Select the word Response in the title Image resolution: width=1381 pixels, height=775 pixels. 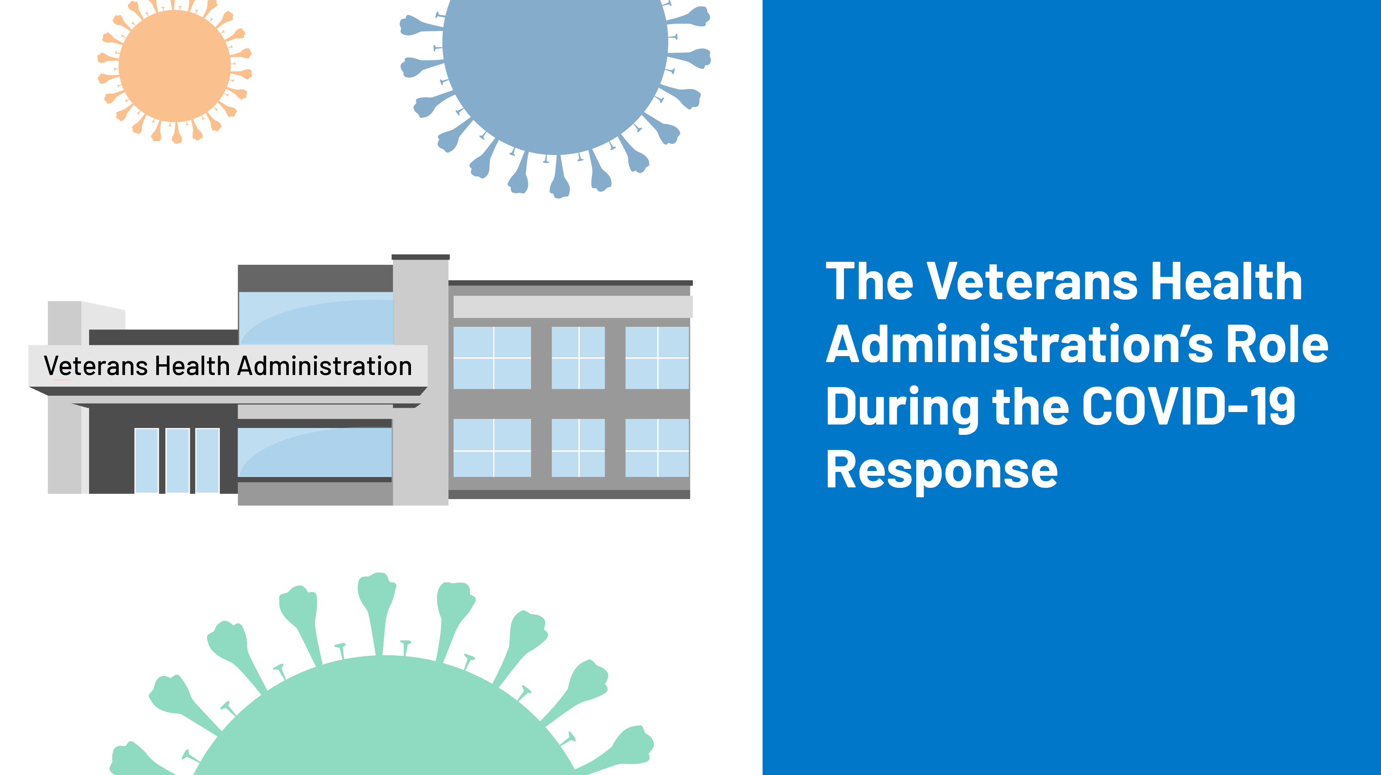point(942,470)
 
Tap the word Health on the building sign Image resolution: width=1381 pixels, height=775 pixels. point(192,366)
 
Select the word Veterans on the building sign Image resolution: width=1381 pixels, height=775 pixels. point(96,366)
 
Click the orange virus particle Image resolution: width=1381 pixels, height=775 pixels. point(174,66)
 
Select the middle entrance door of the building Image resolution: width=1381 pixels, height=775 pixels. point(177,460)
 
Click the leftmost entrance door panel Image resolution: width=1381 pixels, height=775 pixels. point(146,460)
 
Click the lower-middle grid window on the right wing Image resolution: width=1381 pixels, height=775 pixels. point(578,448)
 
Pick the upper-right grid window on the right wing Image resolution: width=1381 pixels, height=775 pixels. point(657,358)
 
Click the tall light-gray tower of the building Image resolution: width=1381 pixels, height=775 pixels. point(420,381)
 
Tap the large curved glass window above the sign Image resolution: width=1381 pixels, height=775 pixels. point(316,319)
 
